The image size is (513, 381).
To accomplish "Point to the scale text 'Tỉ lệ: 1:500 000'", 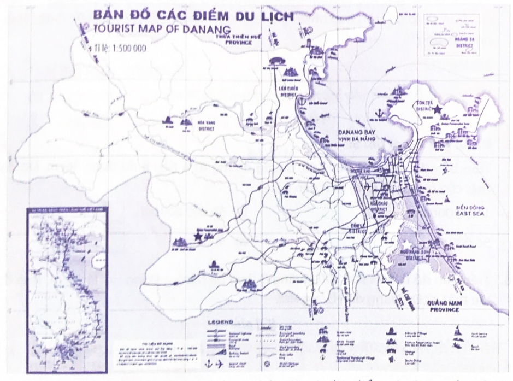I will coord(120,48).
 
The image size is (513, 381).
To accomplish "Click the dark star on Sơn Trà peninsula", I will coord(440,109).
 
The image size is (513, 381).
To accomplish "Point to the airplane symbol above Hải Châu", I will coord(367,187).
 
